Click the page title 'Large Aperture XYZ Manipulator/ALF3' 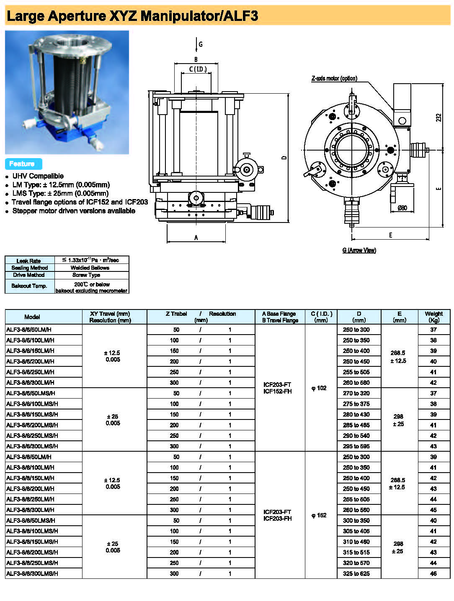point(132,16)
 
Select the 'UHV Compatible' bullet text point(38,176)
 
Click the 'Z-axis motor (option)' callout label point(334,79)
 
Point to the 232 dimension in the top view point(439,118)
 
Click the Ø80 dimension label point(402,208)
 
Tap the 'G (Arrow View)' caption point(359,250)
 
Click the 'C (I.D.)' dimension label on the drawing point(198,69)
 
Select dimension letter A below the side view point(196,238)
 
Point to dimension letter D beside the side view point(284,157)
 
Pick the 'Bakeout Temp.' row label point(29,286)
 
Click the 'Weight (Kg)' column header point(433,317)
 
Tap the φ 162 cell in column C point(319,515)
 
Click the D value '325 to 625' point(356,573)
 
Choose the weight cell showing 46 point(433,573)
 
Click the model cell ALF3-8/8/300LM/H point(31,510)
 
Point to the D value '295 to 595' point(356,446)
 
